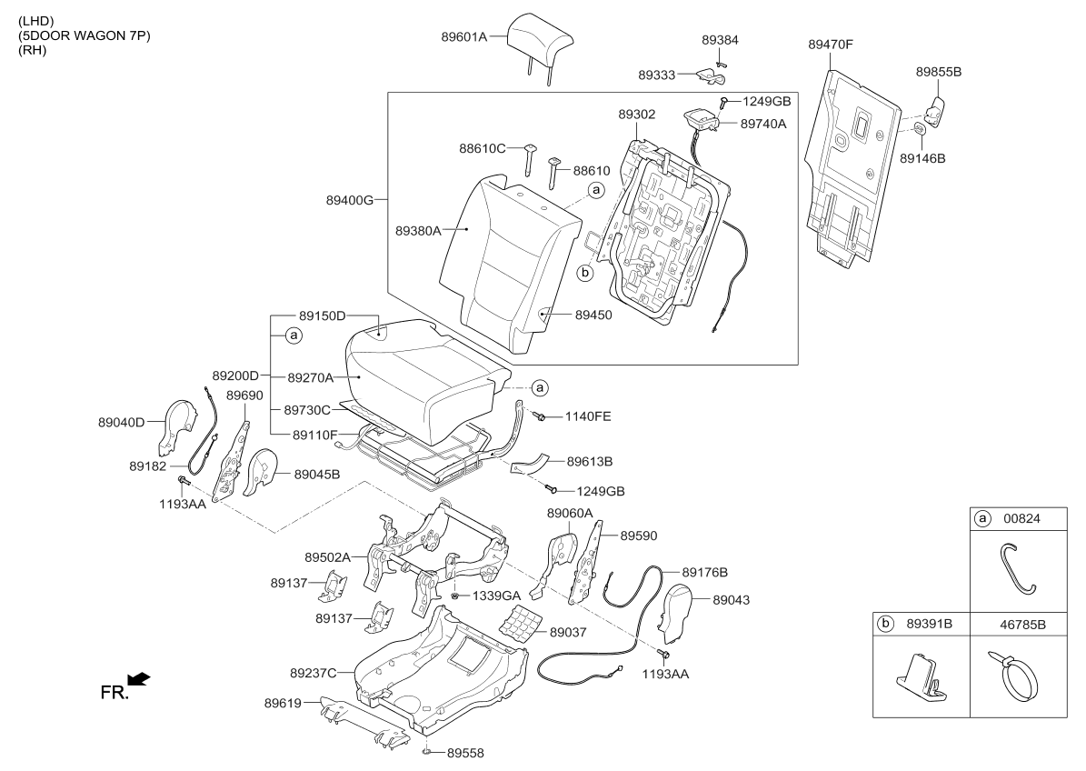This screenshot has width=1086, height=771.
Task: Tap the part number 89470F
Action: (x=831, y=45)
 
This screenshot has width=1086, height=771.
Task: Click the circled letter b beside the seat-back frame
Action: (x=585, y=273)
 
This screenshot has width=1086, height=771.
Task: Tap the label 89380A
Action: (x=418, y=231)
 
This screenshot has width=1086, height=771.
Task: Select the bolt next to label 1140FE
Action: (x=540, y=416)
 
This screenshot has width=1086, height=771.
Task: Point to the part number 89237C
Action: (x=313, y=673)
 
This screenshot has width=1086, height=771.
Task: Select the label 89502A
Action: (x=327, y=557)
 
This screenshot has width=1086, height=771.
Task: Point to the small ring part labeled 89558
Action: (x=427, y=752)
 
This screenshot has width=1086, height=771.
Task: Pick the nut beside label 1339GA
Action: (x=455, y=596)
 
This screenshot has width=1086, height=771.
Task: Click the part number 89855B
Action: (x=939, y=71)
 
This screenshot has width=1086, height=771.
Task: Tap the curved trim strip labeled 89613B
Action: (x=528, y=464)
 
